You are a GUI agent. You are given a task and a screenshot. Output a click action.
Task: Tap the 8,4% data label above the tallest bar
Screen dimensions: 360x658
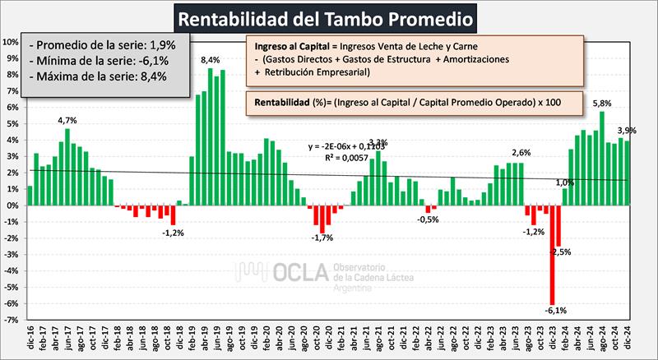click(x=211, y=60)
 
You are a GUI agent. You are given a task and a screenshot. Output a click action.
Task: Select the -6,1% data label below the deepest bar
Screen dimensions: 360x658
click(x=555, y=310)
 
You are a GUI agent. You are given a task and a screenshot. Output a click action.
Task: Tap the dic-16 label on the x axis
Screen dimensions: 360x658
click(x=30, y=338)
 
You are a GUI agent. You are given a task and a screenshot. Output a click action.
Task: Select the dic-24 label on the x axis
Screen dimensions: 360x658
click(x=627, y=338)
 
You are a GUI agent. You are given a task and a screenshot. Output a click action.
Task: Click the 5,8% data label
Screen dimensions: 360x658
click(x=601, y=103)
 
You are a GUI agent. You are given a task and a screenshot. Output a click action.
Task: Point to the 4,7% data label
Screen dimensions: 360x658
click(x=67, y=120)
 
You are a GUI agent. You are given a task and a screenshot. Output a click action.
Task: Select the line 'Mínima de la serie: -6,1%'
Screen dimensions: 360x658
click(x=100, y=60)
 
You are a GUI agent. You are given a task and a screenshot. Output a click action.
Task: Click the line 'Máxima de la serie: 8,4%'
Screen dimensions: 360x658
click(x=100, y=76)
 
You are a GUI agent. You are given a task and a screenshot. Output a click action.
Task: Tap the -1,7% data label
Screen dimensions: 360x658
click(x=322, y=238)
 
